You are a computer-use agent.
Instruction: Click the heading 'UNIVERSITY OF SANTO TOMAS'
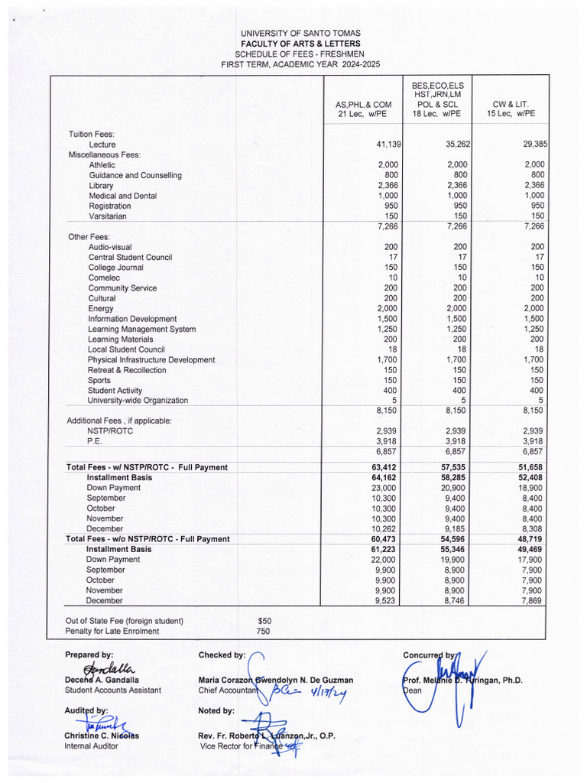(x=300, y=34)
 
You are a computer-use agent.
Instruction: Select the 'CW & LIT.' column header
(x=511, y=103)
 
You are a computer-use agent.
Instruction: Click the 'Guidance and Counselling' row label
(x=135, y=175)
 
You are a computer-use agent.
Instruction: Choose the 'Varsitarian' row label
(x=109, y=216)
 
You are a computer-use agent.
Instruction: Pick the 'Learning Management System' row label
(x=141, y=329)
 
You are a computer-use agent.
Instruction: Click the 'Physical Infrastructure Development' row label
(x=151, y=359)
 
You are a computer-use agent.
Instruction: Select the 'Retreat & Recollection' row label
(x=127, y=370)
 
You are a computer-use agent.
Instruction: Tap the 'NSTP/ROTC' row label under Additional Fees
(x=110, y=431)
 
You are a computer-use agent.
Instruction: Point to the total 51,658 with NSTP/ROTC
(x=525, y=467)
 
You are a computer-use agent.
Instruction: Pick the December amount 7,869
(x=527, y=601)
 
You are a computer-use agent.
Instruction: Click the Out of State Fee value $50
(x=264, y=621)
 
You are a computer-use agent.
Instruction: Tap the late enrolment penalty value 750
(x=264, y=632)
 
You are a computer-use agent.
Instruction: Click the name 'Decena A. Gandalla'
(x=102, y=679)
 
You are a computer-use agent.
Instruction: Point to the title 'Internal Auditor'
(x=91, y=746)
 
